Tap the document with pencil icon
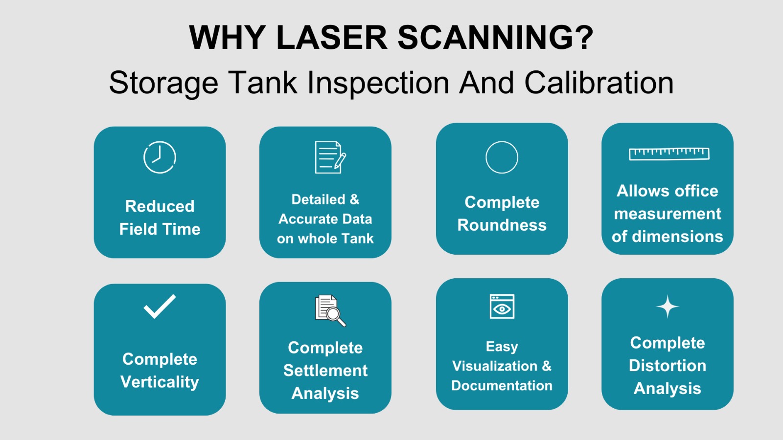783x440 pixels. click(330, 157)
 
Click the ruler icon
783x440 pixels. click(669, 154)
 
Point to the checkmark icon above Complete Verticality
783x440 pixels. click(160, 306)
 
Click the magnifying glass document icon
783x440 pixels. click(330, 311)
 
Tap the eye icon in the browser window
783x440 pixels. click(502, 309)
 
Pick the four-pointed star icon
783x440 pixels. click(668, 307)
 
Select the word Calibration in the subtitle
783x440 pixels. click(599, 83)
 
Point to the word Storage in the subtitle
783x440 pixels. click(163, 84)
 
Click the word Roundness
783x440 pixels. click(502, 225)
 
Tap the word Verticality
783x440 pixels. click(160, 382)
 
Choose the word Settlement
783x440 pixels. click(325, 370)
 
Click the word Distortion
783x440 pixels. click(668, 366)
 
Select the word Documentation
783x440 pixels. click(502, 386)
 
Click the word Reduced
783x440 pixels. click(160, 206)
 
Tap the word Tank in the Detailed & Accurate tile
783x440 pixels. click(357, 239)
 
